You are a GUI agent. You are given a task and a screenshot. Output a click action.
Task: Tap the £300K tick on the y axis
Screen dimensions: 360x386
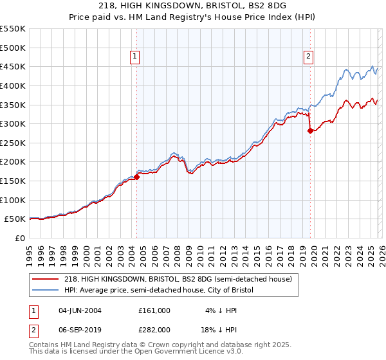(13, 123)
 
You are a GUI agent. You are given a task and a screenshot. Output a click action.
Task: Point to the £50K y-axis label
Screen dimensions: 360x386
(15, 219)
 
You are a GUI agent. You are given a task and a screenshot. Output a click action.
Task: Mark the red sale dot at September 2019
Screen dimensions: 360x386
(311, 130)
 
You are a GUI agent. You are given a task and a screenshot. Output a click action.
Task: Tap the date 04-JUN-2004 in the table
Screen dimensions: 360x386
(80, 310)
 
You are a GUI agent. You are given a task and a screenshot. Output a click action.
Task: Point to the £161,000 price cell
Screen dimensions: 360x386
(154, 310)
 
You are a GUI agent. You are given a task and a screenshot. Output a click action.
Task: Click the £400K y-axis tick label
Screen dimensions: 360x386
(13, 85)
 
